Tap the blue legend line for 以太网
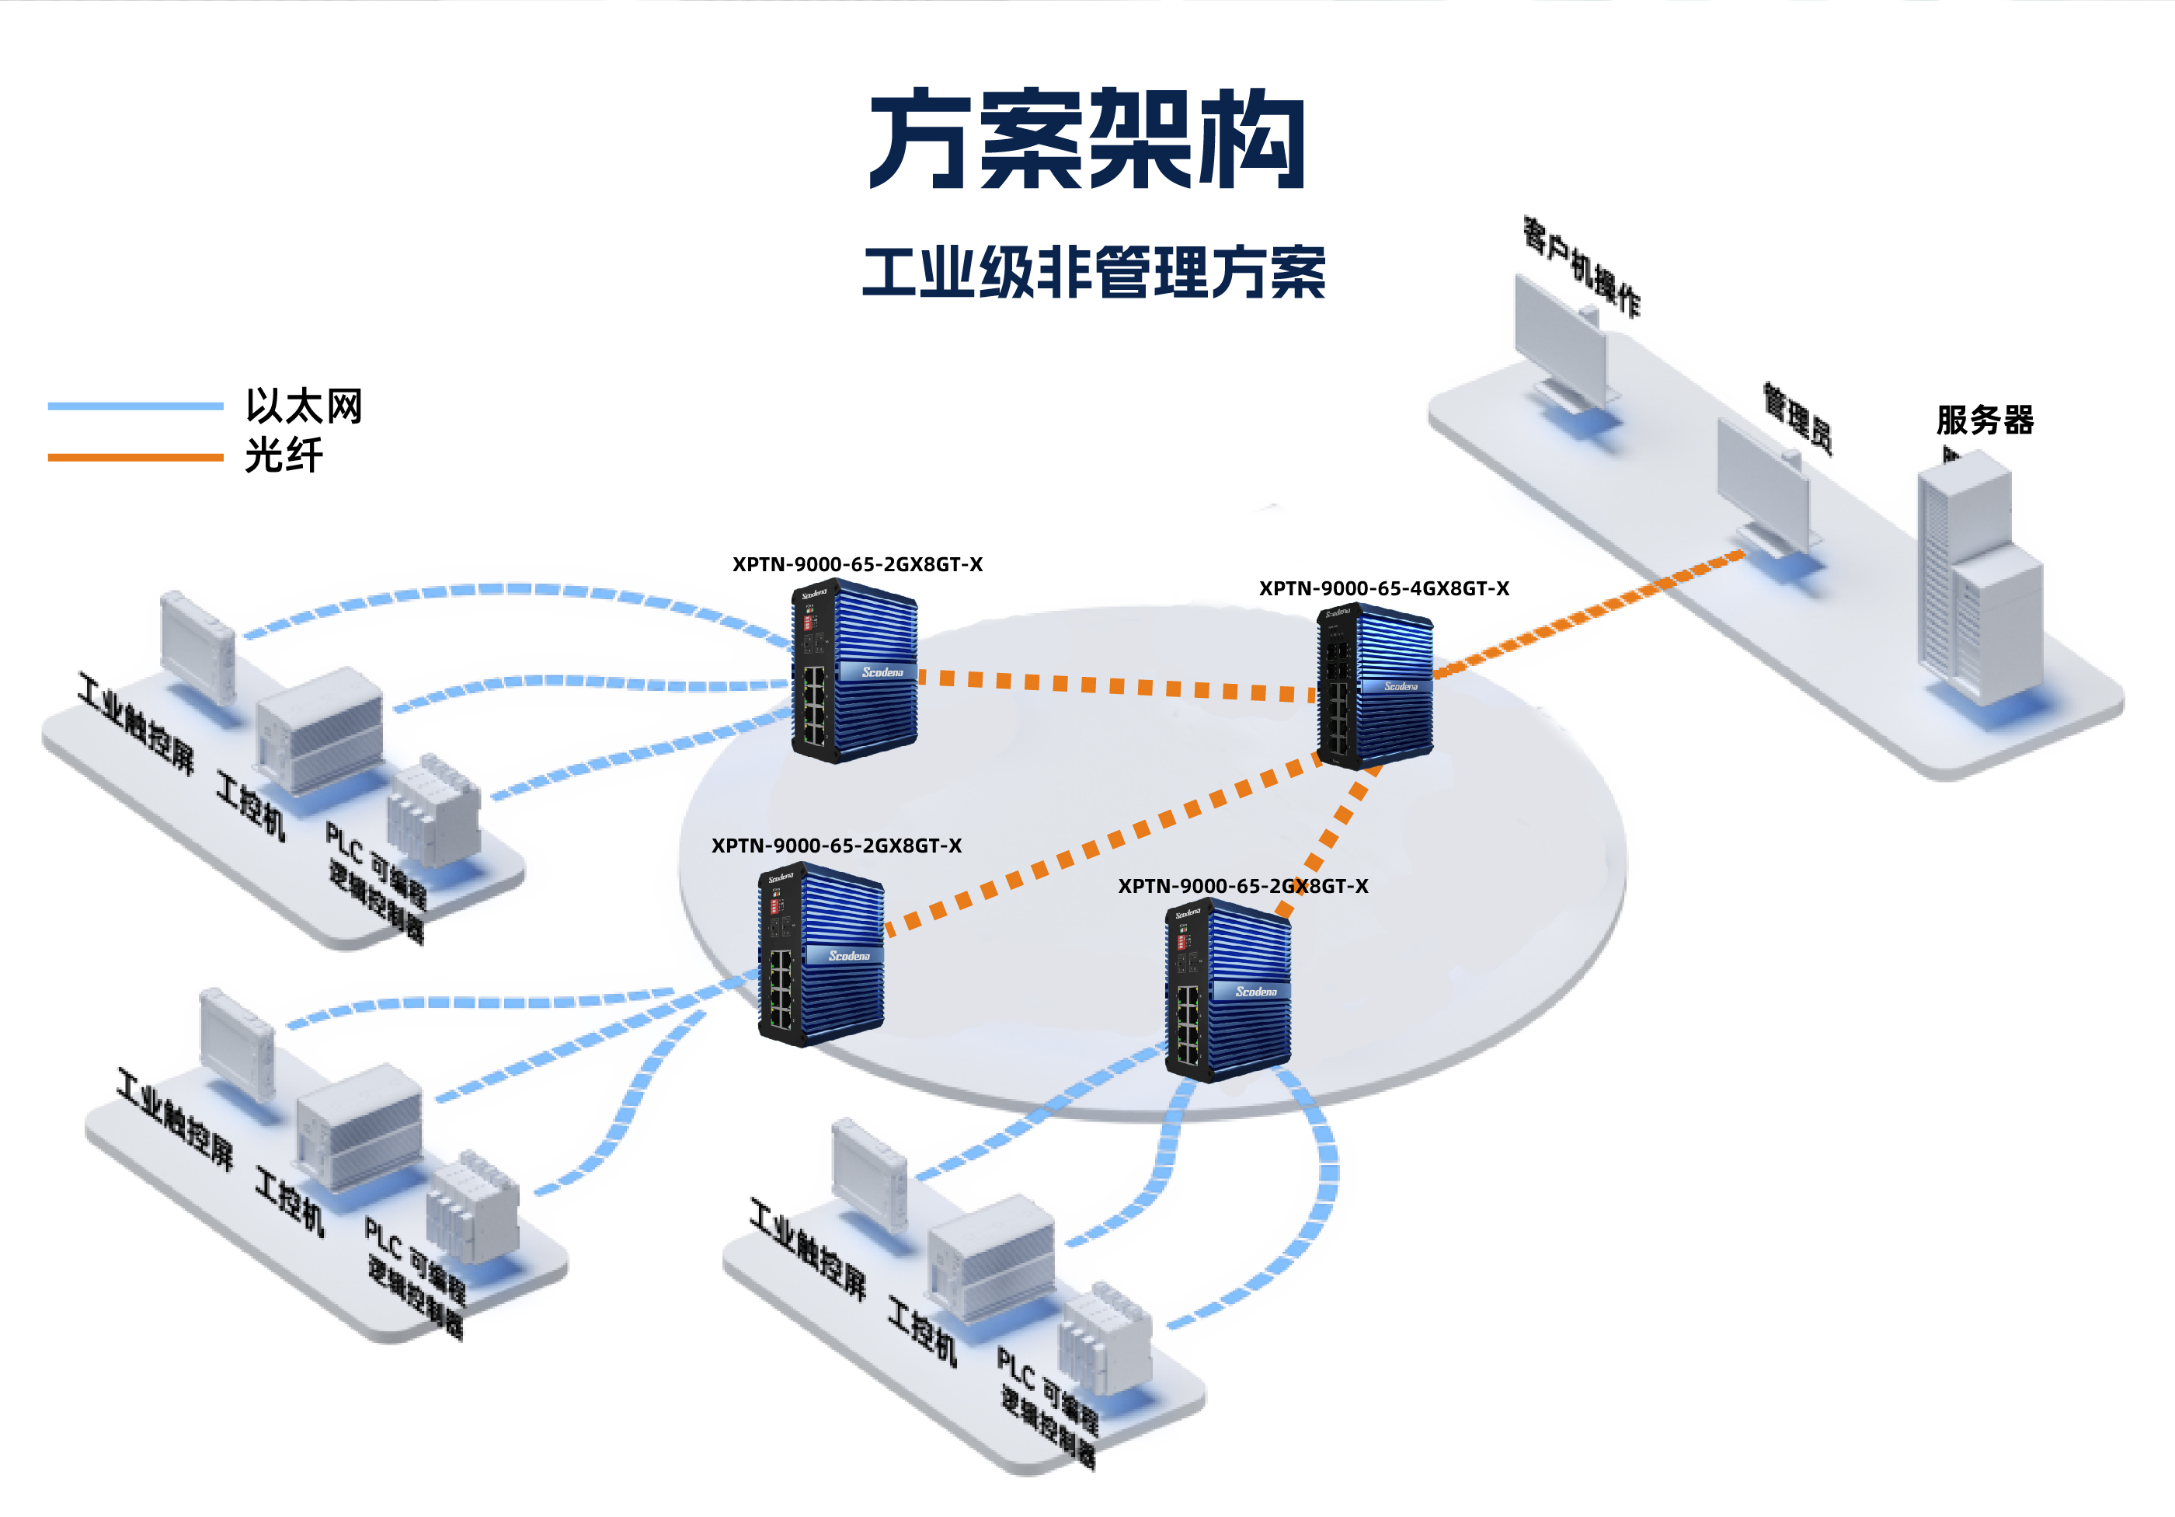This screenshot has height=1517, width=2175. click(x=134, y=406)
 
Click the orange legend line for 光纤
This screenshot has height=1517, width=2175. click(x=134, y=458)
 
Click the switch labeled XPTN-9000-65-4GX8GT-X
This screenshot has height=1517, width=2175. click(x=1376, y=686)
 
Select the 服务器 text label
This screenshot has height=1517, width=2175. click(x=1985, y=419)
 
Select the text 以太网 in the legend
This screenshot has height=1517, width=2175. click(x=304, y=406)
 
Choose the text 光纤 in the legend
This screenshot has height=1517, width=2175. click(x=284, y=455)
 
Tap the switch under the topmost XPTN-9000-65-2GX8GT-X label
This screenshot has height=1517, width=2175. click(x=854, y=671)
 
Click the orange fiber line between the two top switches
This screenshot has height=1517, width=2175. click(x=1118, y=684)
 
